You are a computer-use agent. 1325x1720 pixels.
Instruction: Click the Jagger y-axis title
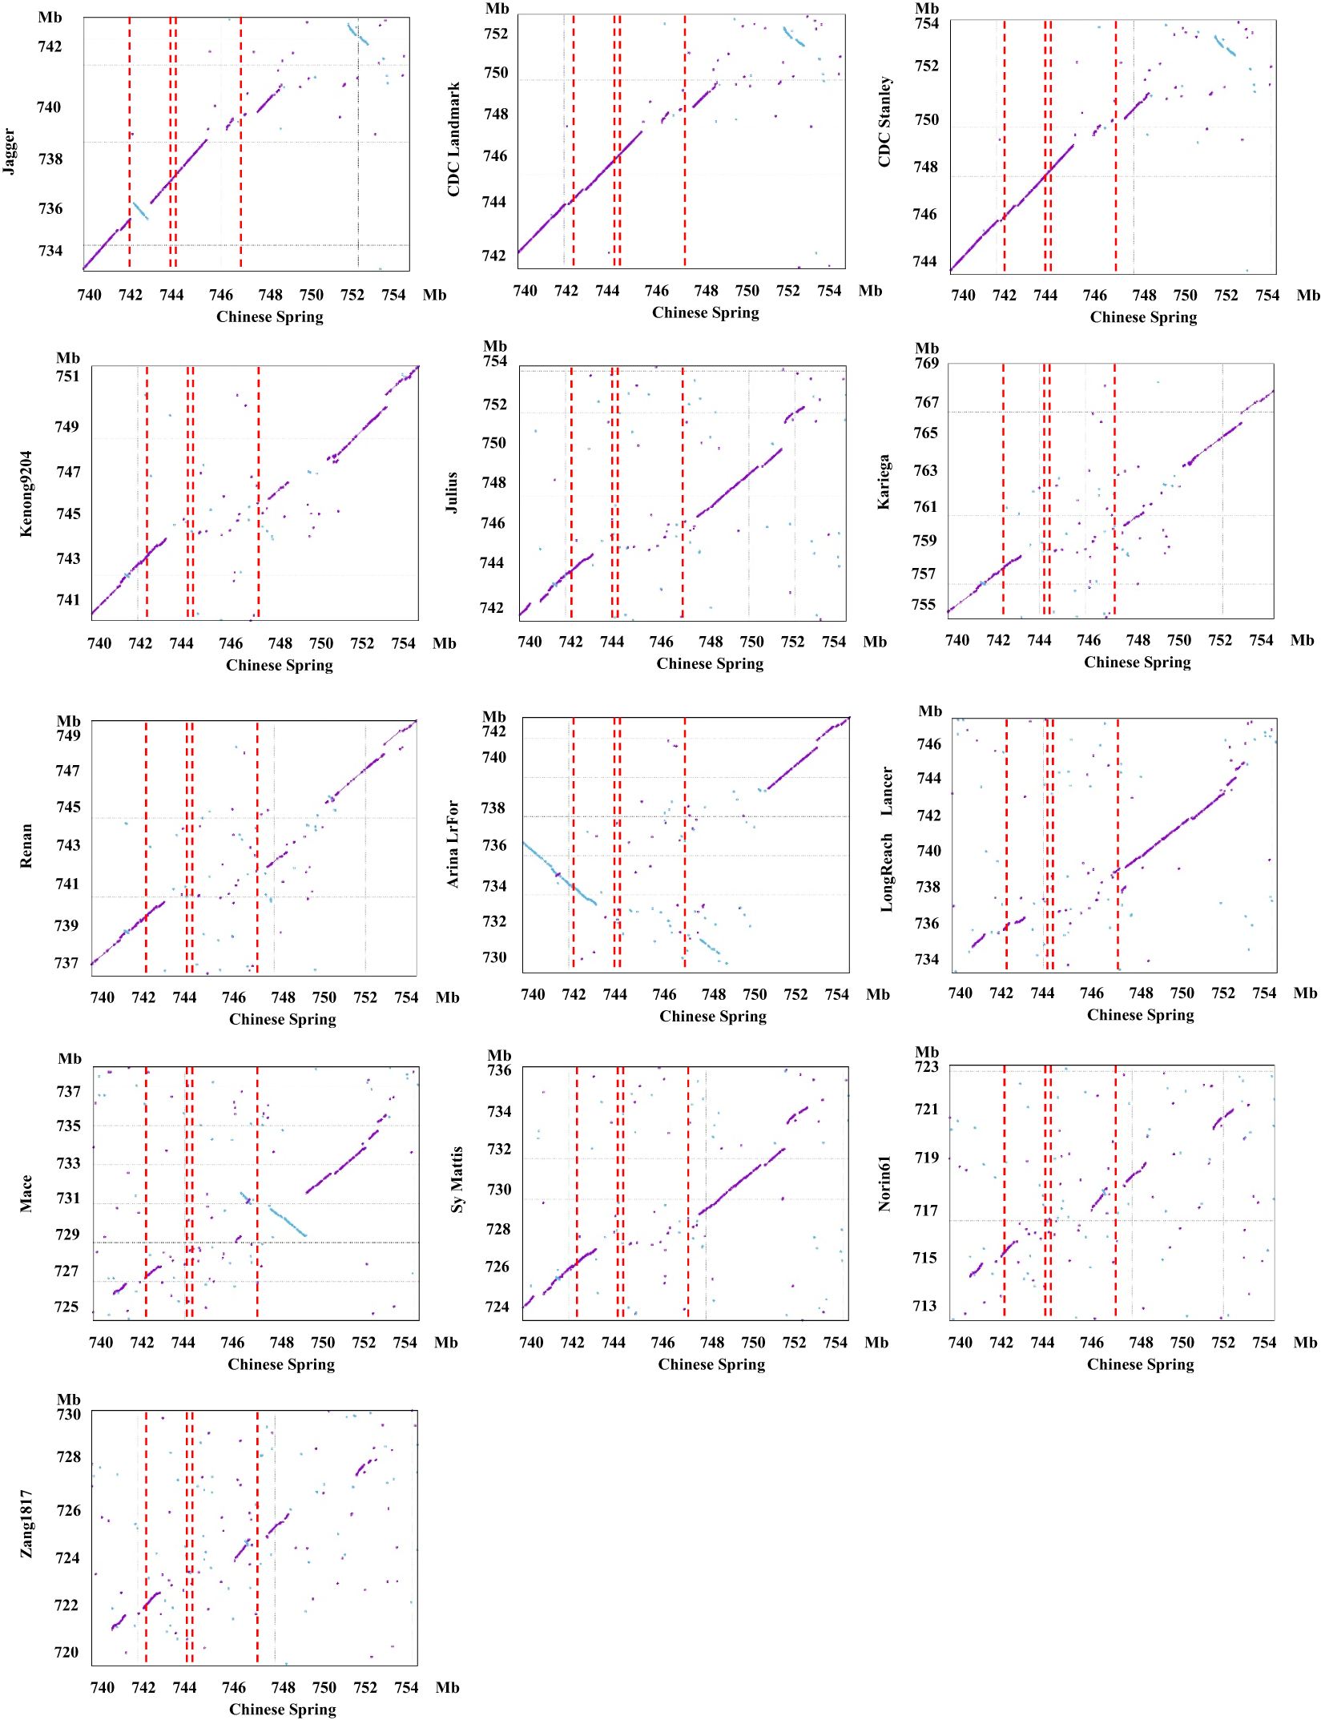(x=9, y=151)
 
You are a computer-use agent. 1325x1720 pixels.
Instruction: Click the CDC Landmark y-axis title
(x=453, y=139)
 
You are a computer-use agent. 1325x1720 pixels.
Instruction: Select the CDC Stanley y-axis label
(x=884, y=122)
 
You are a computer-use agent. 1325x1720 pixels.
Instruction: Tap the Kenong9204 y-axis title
(x=26, y=493)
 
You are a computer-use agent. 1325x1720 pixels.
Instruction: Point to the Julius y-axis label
(x=452, y=492)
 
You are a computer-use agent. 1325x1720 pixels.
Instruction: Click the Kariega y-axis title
(x=884, y=482)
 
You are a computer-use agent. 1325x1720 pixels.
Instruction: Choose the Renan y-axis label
(x=26, y=846)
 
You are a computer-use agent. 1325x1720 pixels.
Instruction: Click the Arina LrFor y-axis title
(x=453, y=844)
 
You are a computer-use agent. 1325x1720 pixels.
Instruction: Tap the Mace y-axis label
(x=26, y=1193)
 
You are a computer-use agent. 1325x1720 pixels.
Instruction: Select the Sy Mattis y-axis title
(x=457, y=1179)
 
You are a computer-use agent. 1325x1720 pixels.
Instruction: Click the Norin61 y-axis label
(x=884, y=1183)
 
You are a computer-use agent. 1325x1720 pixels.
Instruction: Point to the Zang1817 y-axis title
(x=26, y=1524)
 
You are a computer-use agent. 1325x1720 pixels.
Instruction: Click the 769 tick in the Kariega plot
(x=926, y=363)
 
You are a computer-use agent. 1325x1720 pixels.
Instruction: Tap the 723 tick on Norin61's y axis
(x=926, y=1067)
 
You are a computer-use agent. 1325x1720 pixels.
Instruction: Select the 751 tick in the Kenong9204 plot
(x=67, y=377)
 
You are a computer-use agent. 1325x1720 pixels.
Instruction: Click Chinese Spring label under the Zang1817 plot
(x=282, y=1709)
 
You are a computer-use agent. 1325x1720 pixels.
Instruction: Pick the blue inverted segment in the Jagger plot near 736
(x=140, y=211)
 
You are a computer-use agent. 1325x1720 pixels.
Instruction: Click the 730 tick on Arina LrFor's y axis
(x=494, y=957)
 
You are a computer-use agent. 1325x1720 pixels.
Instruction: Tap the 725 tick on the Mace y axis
(x=66, y=1307)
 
